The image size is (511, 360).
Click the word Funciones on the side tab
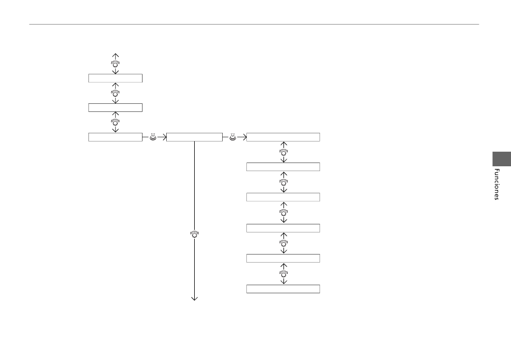(x=496, y=184)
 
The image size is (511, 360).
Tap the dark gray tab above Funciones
(x=501, y=159)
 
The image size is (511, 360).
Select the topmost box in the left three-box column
(x=115, y=78)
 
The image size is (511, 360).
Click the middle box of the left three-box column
(x=115, y=108)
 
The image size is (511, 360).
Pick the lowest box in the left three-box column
(x=115, y=137)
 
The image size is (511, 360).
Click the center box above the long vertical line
(x=195, y=137)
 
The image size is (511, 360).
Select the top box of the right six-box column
(x=283, y=137)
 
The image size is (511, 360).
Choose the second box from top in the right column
(x=283, y=167)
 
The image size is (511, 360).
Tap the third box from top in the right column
(x=283, y=197)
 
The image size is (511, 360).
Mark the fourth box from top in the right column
(x=283, y=228)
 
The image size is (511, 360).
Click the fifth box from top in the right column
(x=283, y=258)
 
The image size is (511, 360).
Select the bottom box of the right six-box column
(x=283, y=289)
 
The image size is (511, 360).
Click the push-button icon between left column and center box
(x=153, y=137)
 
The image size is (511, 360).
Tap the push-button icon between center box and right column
(x=233, y=137)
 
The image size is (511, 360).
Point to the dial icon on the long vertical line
(x=195, y=234)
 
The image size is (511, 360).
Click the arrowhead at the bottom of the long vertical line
(x=195, y=298)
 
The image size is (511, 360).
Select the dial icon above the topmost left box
(x=115, y=63)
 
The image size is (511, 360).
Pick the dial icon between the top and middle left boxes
(x=115, y=93)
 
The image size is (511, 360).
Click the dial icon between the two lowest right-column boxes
(x=283, y=273)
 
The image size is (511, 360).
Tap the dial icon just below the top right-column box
(x=283, y=152)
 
